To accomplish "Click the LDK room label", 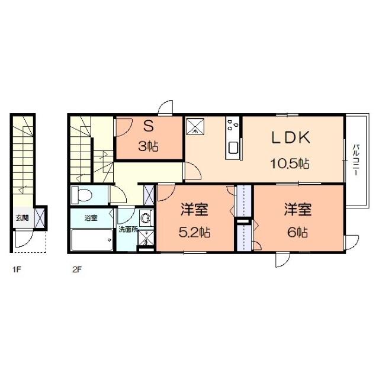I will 291,138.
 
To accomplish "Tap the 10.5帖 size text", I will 291,163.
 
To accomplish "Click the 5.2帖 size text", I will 195,232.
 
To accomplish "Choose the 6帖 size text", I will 297,232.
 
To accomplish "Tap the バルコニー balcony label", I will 356,158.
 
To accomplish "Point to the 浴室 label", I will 90,219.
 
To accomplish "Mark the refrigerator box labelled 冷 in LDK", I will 195,127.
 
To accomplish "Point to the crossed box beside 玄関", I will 40,217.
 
